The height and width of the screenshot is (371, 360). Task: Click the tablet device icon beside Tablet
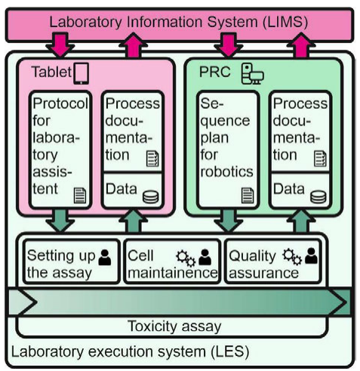click(81, 73)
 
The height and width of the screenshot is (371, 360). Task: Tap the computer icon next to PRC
click(252, 73)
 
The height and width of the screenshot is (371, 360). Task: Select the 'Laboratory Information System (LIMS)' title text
click(179, 22)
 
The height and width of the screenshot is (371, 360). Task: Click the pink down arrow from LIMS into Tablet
click(60, 45)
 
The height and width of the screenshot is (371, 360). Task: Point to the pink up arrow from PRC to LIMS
click(301, 45)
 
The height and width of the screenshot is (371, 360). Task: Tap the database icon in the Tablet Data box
click(151, 196)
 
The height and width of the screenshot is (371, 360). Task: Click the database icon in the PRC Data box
click(318, 196)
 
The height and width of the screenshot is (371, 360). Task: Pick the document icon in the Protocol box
click(80, 196)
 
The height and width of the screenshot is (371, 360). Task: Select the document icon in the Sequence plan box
click(248, 196)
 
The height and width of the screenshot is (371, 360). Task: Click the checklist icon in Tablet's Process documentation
click(152, 159)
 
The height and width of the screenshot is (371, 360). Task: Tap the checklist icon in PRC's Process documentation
click(320, 159)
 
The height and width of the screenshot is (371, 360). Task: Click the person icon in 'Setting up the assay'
click(105, 257)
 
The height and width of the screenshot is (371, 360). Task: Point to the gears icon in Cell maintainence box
click(186, 258)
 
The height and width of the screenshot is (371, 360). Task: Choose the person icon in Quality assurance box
click(311, 256)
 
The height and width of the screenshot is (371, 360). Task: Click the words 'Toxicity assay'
click(174, 326)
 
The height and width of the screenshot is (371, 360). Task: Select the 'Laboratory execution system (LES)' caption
click(130, 351)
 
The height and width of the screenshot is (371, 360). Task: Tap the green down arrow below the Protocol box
click(60, 221)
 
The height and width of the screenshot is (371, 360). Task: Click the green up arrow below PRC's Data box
click(301, 221)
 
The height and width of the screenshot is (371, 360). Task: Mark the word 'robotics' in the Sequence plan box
click(226, 172)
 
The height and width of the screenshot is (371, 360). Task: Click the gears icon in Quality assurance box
click(292, 257)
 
